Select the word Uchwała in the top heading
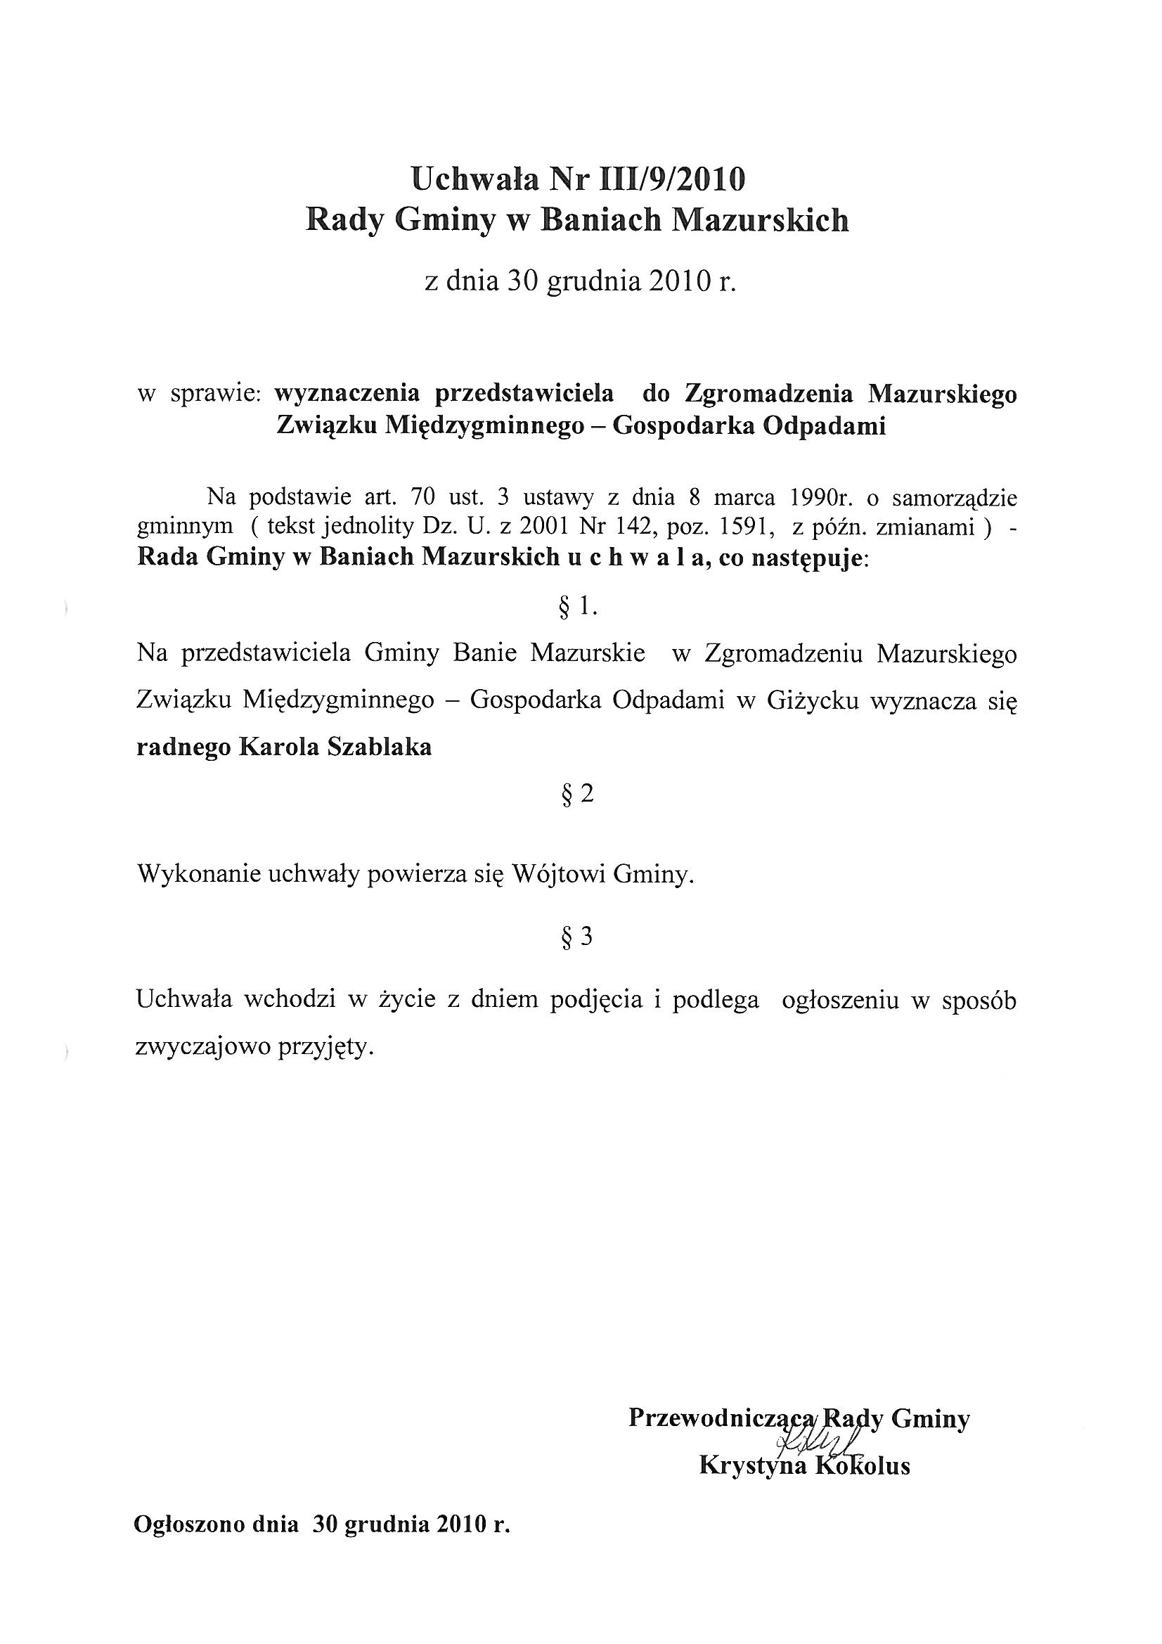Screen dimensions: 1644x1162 (472, 179)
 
